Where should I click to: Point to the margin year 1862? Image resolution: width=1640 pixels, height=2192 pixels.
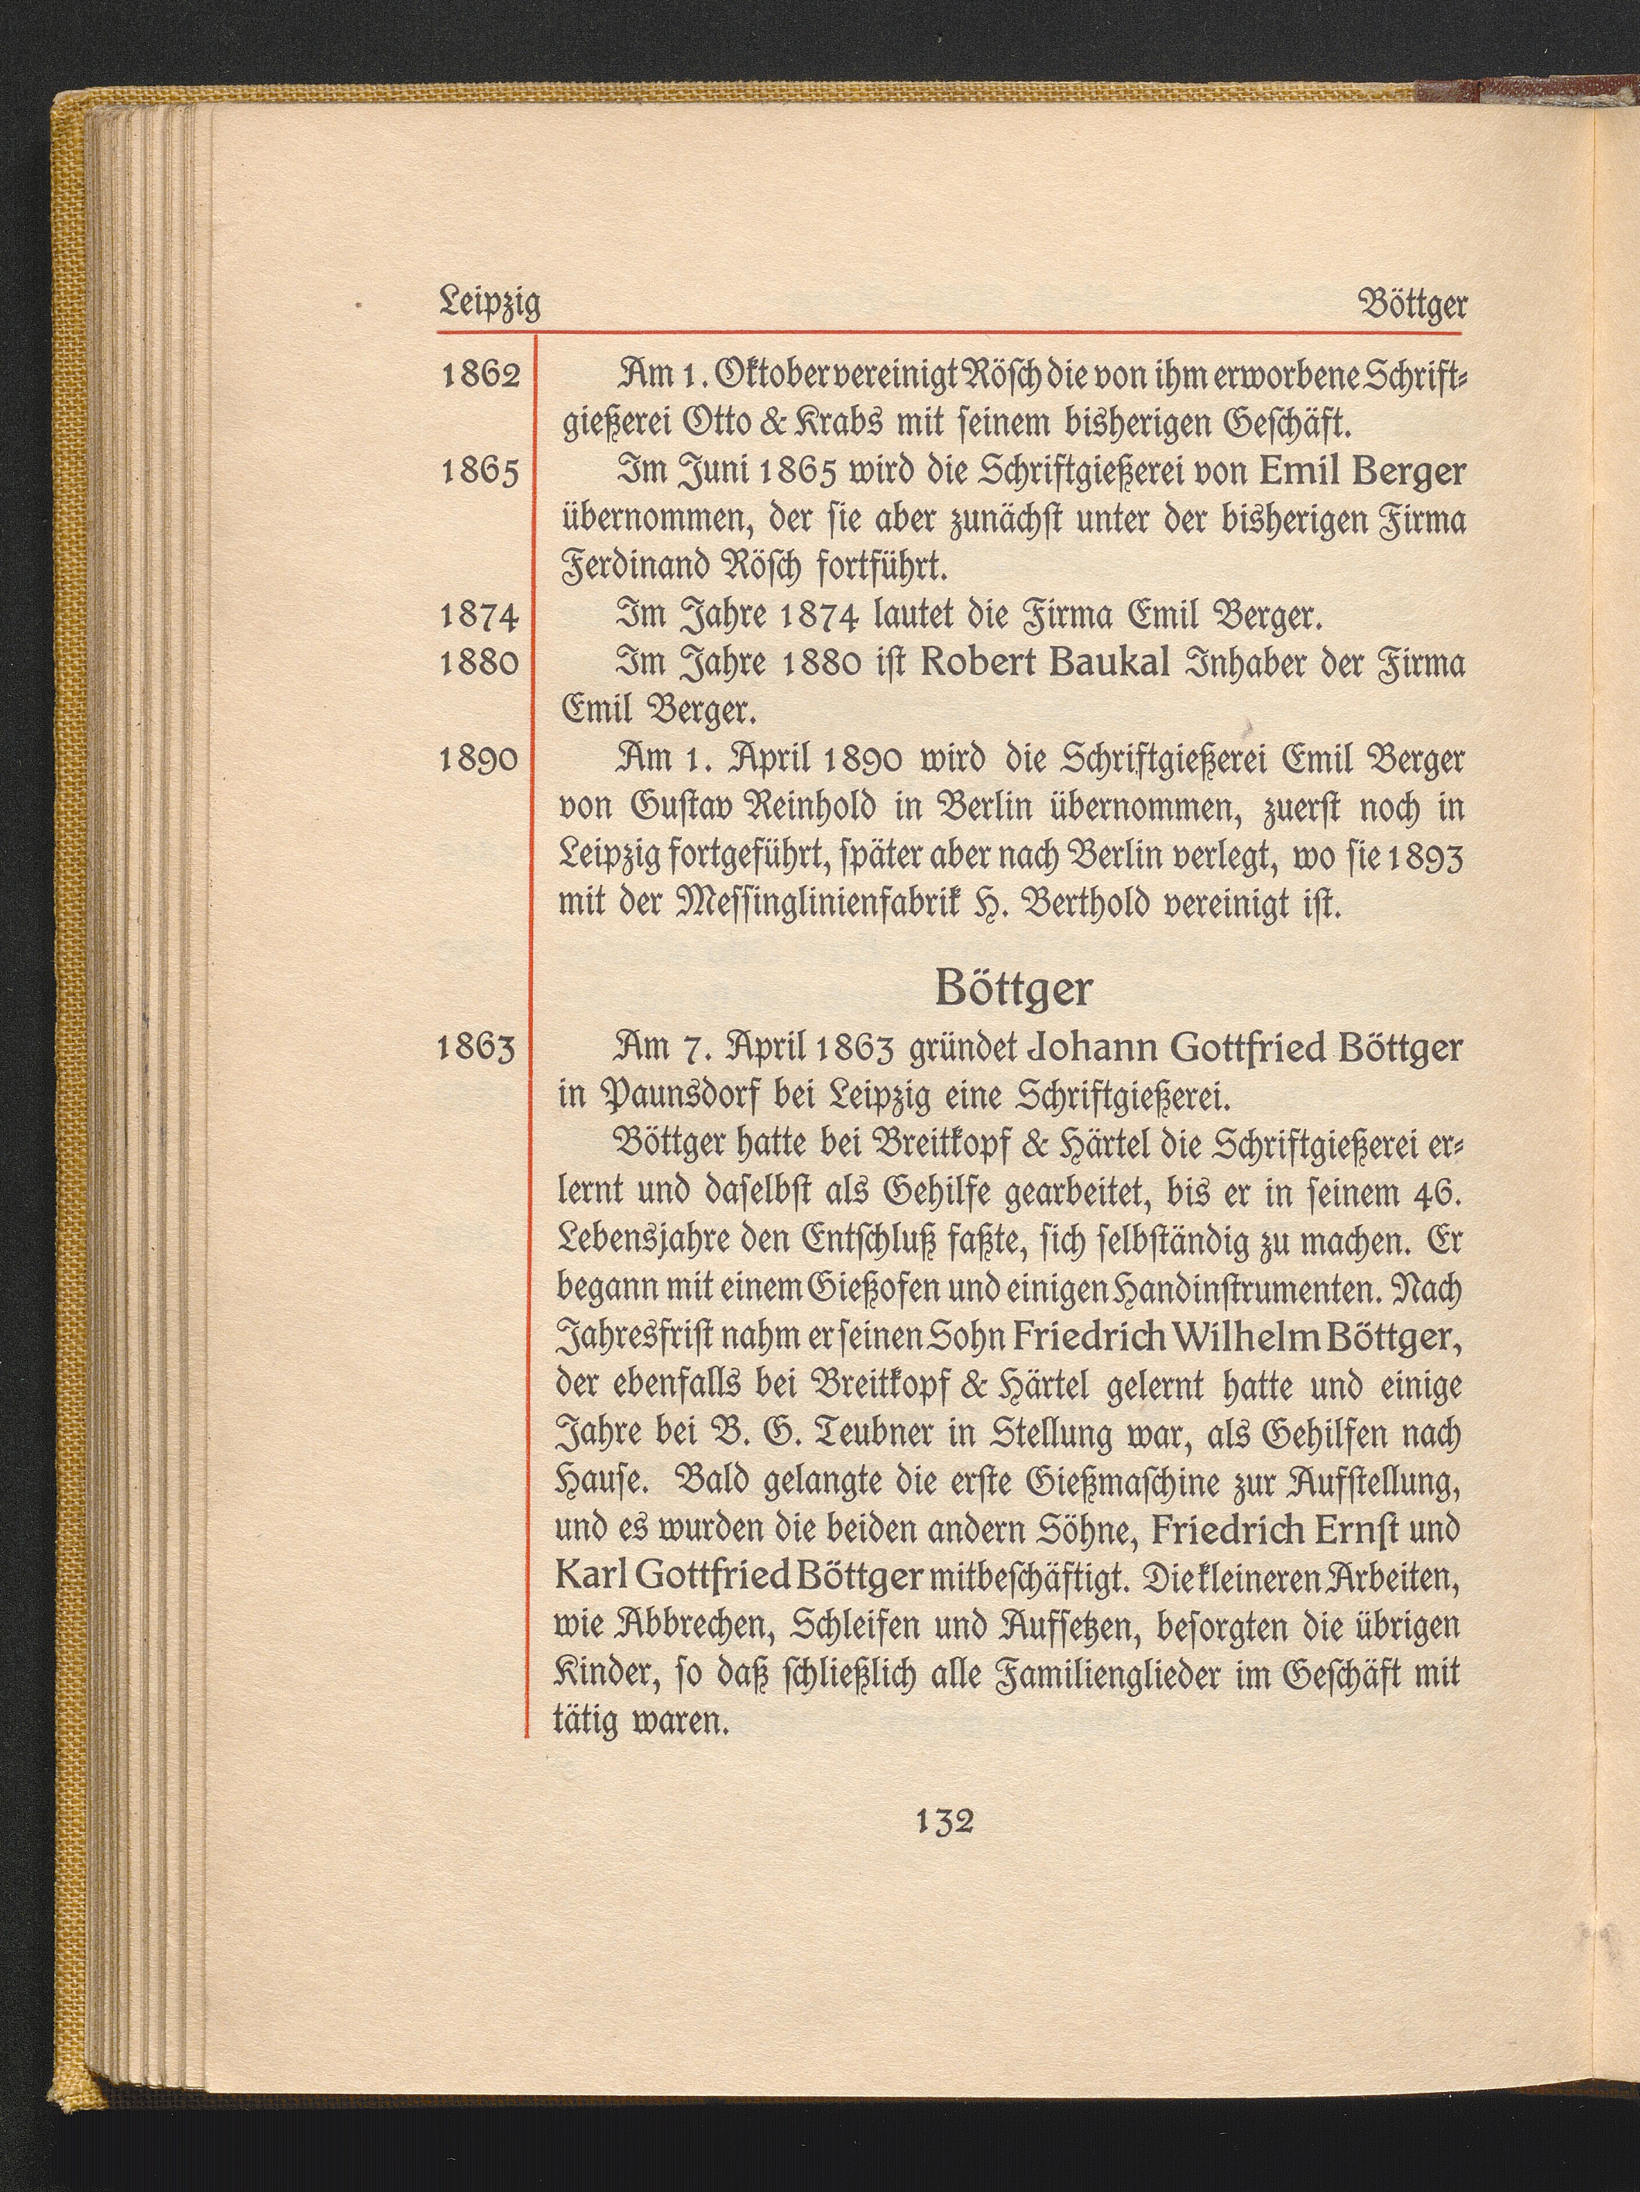coord(480,377)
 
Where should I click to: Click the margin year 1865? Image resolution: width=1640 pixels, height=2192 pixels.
coord(480,473)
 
